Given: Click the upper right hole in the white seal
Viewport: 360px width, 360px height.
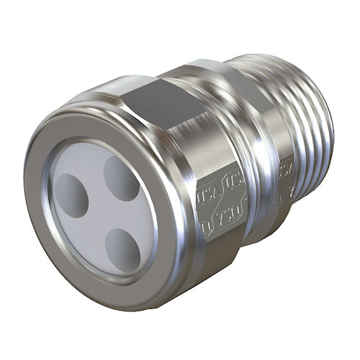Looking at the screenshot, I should pyautogui.click(x=120, y=177).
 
